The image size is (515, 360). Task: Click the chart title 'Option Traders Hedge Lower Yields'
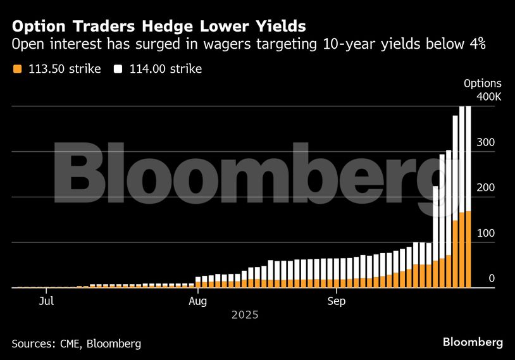pos(159,27)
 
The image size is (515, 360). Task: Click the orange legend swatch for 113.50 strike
pos(17,69)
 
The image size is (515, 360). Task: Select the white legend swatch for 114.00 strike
pos(118,69)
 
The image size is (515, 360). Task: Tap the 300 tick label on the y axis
pos(485,143)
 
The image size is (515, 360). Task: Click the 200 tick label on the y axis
pos(485,188)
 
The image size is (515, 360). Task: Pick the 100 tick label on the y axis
pos(485,233)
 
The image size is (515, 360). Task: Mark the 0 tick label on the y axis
pos(492,278)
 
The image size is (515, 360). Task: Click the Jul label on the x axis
pos(46,301)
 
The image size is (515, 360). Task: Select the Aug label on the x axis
pos(198,301)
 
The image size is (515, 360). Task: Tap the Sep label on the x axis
pos(337,301)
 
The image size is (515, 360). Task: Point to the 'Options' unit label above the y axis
pos(482,84)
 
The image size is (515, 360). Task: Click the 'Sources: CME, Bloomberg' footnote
pos(76,344)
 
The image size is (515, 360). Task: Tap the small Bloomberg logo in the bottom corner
pos(473,342)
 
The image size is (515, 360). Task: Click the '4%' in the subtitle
pos(475,46)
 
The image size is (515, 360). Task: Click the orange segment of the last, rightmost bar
pos(468,250)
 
